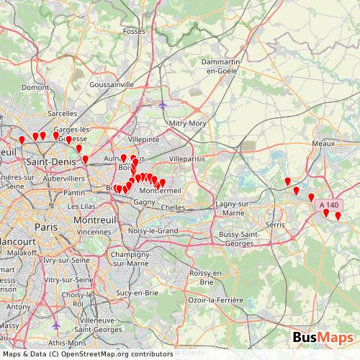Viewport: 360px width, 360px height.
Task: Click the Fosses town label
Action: click(134, 32)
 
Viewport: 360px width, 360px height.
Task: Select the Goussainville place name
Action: click(112, 84)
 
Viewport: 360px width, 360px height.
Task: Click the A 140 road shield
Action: click(328, 205)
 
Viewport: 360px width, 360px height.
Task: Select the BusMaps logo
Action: click(323, 338)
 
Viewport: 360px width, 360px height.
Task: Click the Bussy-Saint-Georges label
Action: click(242, 240)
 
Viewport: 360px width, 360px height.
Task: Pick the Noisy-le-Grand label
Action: click(153, 230)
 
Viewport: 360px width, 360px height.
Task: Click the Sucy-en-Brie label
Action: click(137, 294)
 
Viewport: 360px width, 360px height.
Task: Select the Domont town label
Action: click(33, 87)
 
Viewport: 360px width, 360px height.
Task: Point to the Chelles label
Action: click(173, 207)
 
